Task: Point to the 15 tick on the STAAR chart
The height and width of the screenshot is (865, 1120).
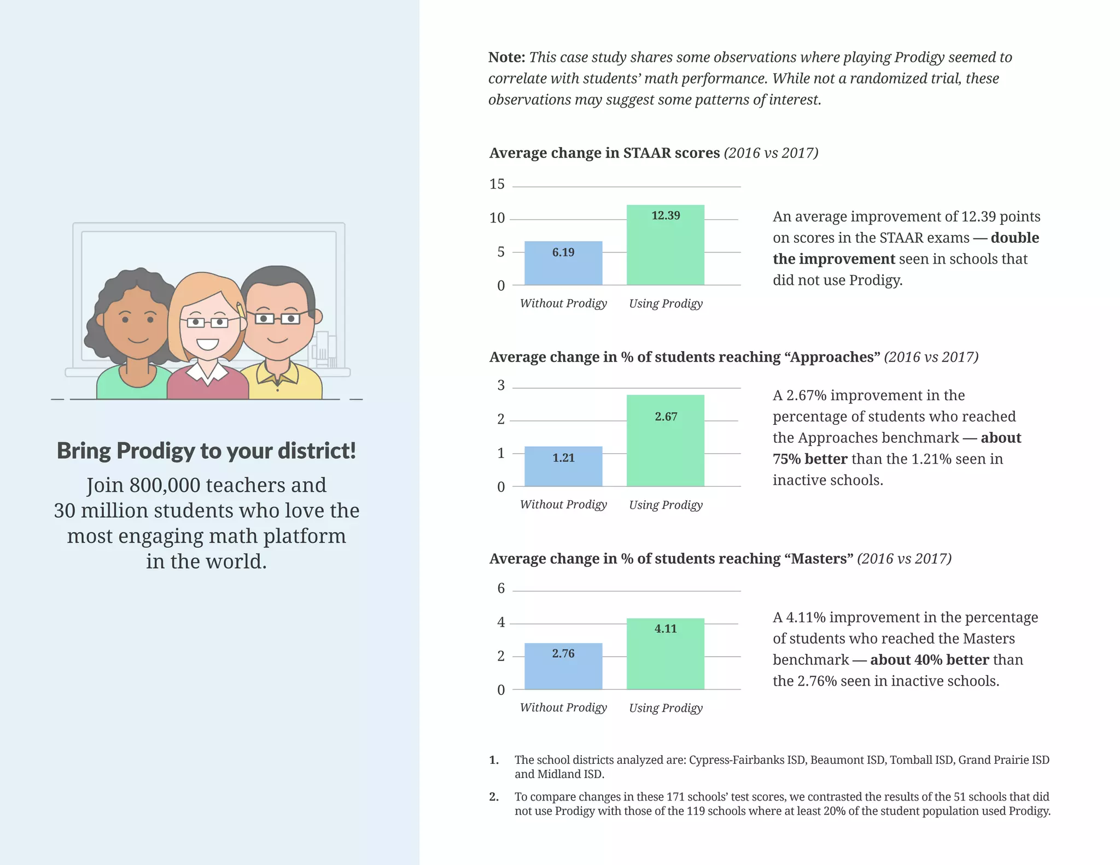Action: point(497,184)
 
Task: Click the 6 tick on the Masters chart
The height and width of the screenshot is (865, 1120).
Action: point(501,589)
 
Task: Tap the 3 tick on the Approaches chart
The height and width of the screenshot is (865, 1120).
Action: point(501,385)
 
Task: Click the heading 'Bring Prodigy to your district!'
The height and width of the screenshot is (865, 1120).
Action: point(206,451)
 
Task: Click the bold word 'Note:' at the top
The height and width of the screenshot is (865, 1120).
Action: point(506,57)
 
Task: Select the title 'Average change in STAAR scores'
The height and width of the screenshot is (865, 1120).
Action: point(604,153)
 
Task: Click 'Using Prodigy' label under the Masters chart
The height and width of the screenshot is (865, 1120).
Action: point(666,708)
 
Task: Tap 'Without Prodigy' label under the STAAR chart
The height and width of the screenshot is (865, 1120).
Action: point(563,303)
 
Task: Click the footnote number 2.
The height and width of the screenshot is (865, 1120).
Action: point(493,797)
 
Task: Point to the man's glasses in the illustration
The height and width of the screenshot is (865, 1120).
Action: point(277,318)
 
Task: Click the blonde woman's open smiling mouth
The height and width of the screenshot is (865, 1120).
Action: point(208,344)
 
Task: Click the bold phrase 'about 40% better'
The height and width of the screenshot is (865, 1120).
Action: point(929,660)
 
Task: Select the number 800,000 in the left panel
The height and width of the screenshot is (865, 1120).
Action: point(165,486)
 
